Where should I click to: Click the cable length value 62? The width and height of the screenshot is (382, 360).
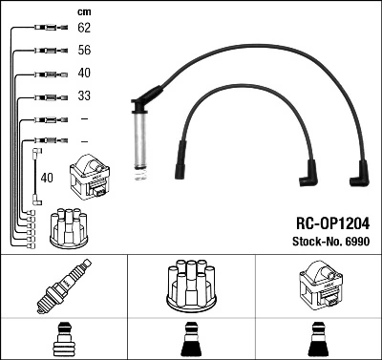pos(83,29)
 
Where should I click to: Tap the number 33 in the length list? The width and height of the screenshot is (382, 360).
pos(83,96)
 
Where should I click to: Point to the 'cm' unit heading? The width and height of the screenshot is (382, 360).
pos(81,11)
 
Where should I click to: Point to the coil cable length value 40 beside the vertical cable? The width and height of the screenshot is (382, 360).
pos(47,177)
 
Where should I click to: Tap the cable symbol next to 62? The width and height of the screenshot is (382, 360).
pos(47,29)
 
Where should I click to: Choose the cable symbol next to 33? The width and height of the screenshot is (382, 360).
pos(47,96)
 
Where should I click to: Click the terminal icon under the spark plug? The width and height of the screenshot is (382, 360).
pos(63,341)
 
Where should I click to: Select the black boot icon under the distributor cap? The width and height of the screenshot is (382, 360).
pos(190,341)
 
